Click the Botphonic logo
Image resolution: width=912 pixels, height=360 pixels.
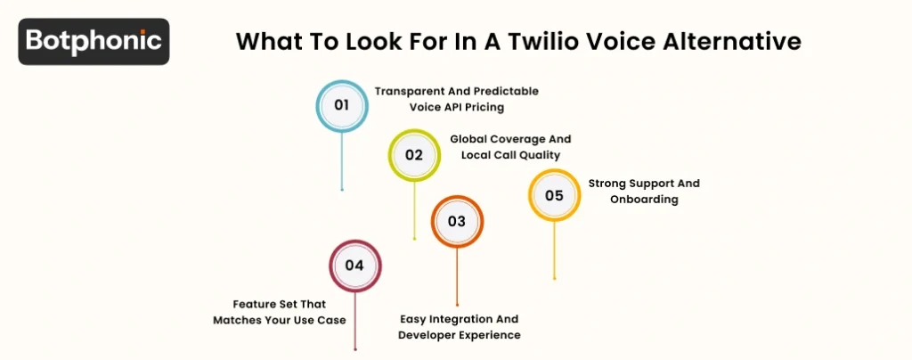click(x=94, y=41)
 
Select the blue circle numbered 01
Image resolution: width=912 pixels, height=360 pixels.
click(x=342, y=106)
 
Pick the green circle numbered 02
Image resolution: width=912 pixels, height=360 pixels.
click(x=414, y=154)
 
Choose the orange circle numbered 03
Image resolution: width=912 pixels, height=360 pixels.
click(x=457, y=221)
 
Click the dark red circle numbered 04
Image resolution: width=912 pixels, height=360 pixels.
click(x=354, y=266)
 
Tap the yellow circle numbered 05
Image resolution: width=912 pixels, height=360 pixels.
click(x=554, y=195)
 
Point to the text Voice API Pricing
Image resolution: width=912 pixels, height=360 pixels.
click(x=456, y=107)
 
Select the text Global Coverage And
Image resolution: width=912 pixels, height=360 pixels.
click(x=510, y=139)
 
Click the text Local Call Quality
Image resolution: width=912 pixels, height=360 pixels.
click(x=510, y=155)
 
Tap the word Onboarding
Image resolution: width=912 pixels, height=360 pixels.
click(x=644, y=200)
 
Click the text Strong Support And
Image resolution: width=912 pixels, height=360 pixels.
click(x=644, y=184)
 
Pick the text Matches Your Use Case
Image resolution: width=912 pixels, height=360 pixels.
click(x=279, y=319)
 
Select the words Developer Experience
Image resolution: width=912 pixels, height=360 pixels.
click(x=459, y=335)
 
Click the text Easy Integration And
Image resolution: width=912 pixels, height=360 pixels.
click(x=459, y=319)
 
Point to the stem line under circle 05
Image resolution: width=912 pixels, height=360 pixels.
click(x=554, y=250)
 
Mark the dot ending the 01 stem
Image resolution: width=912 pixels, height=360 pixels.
click(x=342, y=189)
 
